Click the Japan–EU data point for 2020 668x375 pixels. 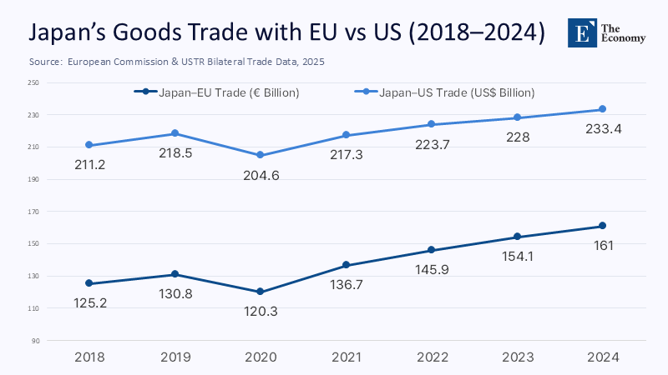coord(261,292)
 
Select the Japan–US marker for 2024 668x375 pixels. coord(602,109)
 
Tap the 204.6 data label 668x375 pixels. coord(261,175)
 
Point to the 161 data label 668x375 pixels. coord(602,246)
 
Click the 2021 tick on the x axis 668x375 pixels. coord(346,357)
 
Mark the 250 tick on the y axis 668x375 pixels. coord(33,82)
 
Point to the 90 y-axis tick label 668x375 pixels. coord(35,341)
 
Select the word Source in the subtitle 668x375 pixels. coord(44,62)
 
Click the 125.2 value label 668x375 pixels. coord(89,303)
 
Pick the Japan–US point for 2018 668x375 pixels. coord(89,145)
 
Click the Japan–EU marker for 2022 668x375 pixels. coord(431,250)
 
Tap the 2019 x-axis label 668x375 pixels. coord(175,357)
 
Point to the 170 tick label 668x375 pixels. coord(33,212)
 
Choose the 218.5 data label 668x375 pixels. coord(175,153)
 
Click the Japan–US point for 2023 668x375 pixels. coord(517,117)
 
